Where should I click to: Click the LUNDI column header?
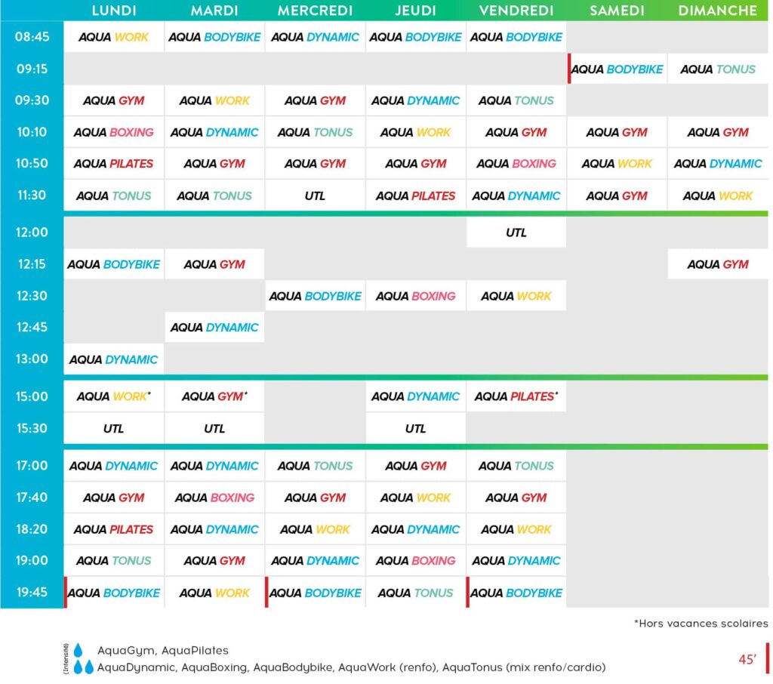(113, 11)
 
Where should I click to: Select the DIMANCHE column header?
(717, 11)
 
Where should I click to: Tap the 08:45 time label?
(32, 37)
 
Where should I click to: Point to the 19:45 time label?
(32, 593)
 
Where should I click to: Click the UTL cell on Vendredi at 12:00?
(516, 233)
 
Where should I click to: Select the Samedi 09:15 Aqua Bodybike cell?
(617, 69)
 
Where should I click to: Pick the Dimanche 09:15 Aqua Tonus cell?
(717, 69)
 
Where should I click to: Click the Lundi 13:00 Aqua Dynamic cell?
(113, 359)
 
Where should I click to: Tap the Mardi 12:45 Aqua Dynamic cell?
(214, 328)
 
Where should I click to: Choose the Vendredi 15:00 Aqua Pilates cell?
(516, 396)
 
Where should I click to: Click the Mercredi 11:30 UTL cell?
(315, 196)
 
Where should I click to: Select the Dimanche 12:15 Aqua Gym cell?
(717, 264)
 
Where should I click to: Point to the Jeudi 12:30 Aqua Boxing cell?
(415, 296)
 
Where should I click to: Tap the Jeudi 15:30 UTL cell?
(415, 429)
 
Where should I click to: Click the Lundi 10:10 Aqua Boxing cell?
(113, 132)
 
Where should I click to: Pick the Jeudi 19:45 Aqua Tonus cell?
(415, 593)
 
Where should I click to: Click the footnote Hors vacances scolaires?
(701, 624)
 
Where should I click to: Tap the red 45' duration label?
(747, 659)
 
